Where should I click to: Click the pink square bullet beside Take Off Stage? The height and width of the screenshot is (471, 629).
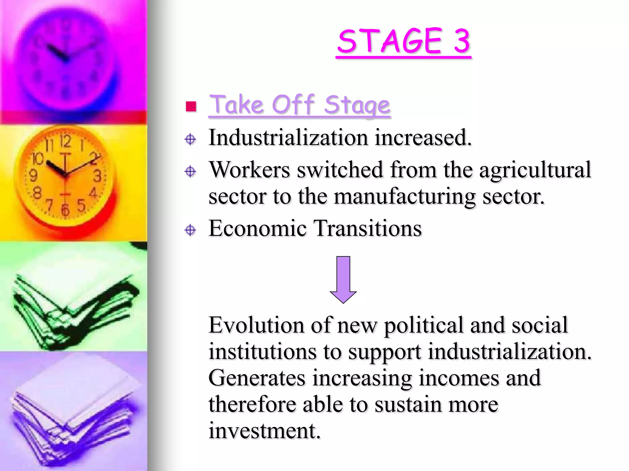click(191, 106)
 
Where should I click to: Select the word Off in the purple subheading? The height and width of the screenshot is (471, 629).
click(293, 105)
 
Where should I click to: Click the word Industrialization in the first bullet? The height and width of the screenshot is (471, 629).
click(288, 138)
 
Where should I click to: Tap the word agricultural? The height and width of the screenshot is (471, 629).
click(535, 170)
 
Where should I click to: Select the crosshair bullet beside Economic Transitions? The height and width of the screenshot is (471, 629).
click(190, 230)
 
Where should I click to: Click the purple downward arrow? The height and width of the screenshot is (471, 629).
click(343, 279)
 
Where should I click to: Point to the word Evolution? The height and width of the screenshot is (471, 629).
click(256, 325)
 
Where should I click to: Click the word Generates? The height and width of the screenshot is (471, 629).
click(257, 378)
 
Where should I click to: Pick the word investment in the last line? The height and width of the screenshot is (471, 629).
click(264, 431)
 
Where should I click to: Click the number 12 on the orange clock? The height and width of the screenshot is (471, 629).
click(65, 142)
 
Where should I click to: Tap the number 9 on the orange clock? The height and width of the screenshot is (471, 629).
click(33, 175)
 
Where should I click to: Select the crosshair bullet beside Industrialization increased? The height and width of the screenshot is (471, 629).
click(190, 139)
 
